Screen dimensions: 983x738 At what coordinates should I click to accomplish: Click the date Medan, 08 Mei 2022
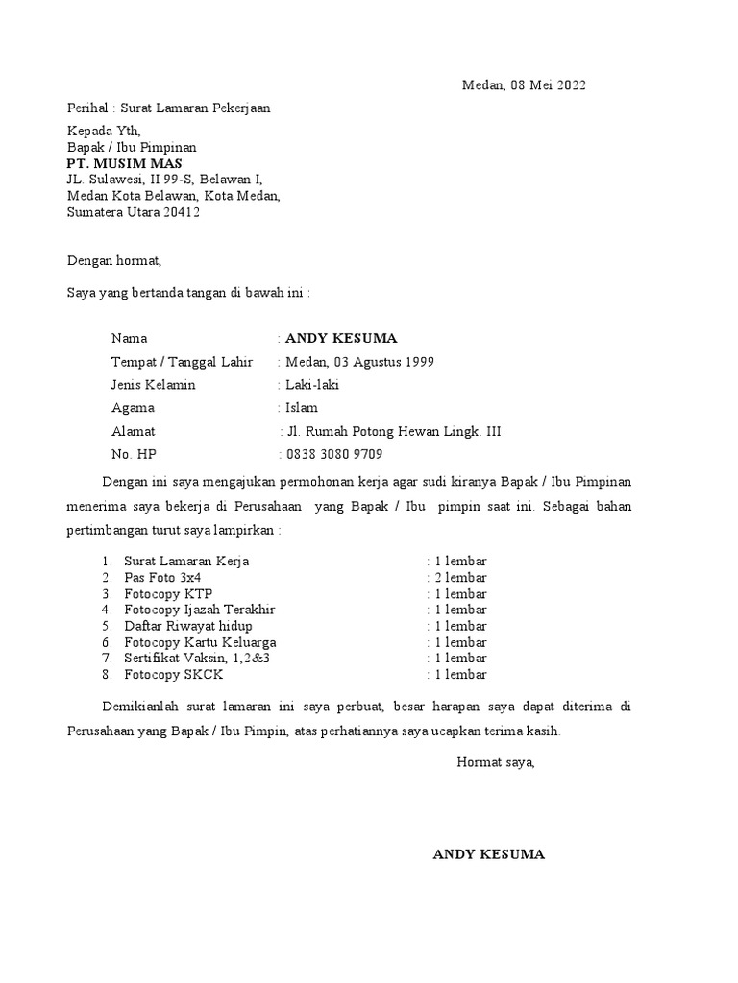pos(523,85)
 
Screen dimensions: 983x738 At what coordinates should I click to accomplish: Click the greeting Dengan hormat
pos(114,260)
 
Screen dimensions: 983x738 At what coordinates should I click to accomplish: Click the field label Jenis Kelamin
pos(154,385)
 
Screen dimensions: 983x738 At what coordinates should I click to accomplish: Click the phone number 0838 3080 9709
pos(333,455)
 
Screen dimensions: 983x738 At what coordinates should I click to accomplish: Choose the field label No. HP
pos(133,455)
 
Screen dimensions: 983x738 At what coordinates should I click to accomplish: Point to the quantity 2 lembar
pos(460,577)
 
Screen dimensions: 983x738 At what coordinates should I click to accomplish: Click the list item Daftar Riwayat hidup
pos(188,626)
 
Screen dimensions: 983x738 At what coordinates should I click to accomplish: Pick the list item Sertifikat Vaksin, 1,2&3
pos(197,659)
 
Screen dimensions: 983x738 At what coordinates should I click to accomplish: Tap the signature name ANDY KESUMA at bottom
pos(489,854)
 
